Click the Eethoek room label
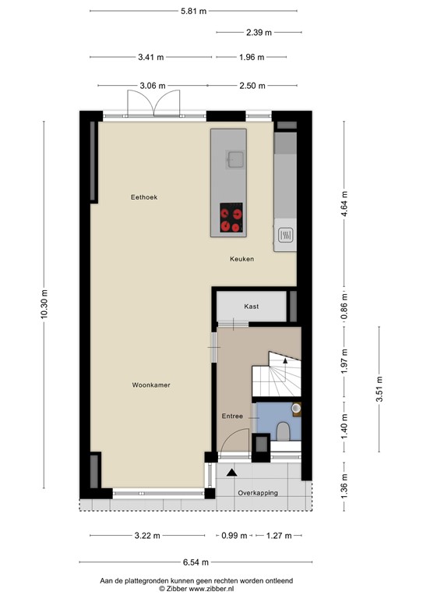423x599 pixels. coord(144,197)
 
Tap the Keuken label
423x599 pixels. coord(241,259)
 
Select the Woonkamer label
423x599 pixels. coord(151,385)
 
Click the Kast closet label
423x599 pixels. coord(251,307)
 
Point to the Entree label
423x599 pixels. coord(232,416)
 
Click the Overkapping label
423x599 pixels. coord(258,493)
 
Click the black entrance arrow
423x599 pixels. coord(231,472)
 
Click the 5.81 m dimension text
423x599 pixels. coord(193,11)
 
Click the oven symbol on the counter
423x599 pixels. coord(285,234)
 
